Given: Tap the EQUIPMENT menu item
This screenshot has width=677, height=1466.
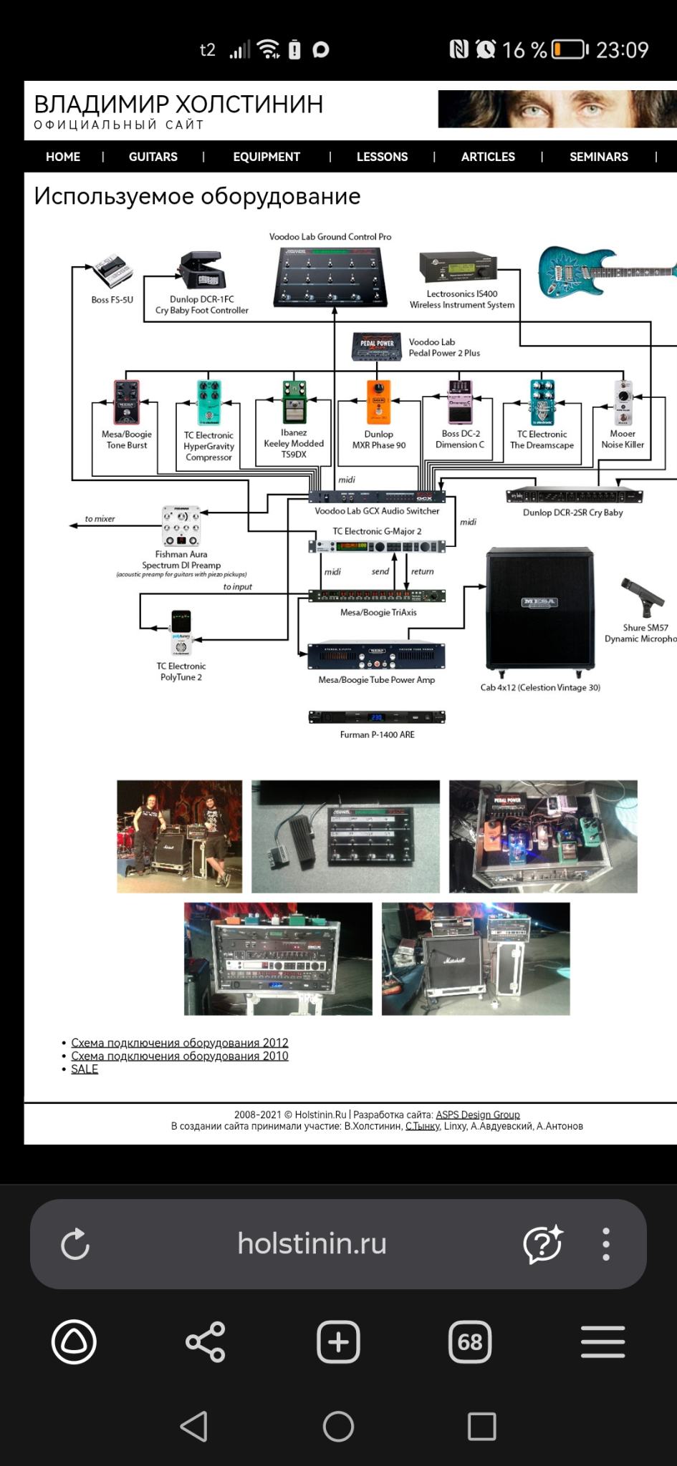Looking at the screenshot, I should (x=266, y=157).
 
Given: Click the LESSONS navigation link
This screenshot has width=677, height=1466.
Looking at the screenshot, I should (x=382, y=157).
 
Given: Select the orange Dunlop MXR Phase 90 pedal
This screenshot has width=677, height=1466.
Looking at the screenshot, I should (x=378, y=402).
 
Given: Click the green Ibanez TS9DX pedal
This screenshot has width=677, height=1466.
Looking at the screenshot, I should (x=294, y=402).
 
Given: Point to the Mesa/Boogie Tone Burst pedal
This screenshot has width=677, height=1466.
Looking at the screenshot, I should (x=126, y=402).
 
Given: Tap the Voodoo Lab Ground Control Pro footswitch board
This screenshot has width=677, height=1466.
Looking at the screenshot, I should (x=330, y=276).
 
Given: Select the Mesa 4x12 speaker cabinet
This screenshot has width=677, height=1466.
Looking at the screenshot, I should (x=540, y=608).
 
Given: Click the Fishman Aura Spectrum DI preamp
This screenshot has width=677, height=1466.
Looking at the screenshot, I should (x=181, y=526).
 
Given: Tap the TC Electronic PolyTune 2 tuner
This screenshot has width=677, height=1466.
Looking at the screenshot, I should (x=181, y=632).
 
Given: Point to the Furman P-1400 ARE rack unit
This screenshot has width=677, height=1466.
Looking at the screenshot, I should (x=377, y=717).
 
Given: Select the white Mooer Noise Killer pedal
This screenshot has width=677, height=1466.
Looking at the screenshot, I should (x=623, y=402).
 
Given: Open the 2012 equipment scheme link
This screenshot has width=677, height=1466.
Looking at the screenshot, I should (x=180, y=1043).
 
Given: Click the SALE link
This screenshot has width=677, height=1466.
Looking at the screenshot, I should (x=85, y=1069).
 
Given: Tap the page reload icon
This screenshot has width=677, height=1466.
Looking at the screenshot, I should (x=75, y=1244).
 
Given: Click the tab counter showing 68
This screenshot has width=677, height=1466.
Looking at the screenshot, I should (x=470, y=1341).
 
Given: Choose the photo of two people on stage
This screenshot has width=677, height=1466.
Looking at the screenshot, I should (x=179, y=836).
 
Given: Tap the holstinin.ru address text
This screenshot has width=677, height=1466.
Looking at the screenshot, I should (x=312, y=1243).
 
